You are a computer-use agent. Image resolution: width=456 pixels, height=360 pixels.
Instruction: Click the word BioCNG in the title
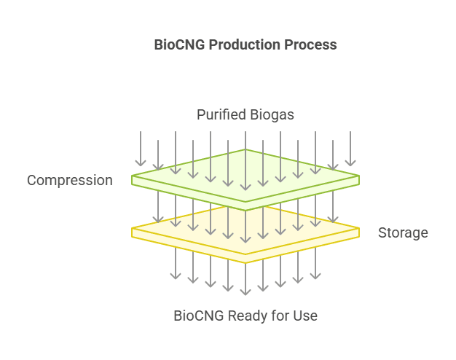(180, 44)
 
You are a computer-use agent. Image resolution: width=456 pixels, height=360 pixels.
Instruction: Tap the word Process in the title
(311, 44)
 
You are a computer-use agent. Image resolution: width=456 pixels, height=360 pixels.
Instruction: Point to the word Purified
(221, 115)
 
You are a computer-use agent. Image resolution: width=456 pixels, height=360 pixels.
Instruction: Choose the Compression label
(70, 180)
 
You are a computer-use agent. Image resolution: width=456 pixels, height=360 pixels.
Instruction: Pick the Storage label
(403, 233)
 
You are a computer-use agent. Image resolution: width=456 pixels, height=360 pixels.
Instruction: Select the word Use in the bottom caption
(306, 316)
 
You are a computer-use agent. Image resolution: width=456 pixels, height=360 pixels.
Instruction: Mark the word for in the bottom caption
(281, 316)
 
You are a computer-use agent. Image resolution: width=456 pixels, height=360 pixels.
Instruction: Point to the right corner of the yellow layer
(358, 231)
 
